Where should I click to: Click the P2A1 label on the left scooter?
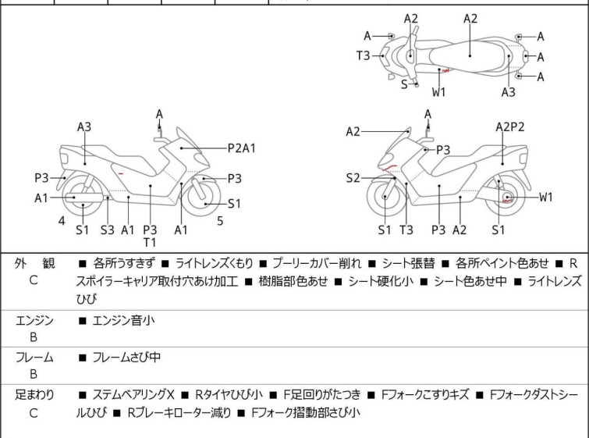pos(243,146)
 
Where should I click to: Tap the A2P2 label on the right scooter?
pos(510,126)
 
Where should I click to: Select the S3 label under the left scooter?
pos(107,230)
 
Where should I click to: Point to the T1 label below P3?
pos(150,242)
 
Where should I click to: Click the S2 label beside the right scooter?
pos(353,178)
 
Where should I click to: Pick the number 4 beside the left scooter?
pos(62,221)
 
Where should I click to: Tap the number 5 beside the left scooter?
pos(220,221)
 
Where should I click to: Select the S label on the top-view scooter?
pos(404,84)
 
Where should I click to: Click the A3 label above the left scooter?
pos(83,126)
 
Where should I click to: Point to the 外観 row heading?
pos(34,264)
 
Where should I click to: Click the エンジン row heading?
pos(34,319)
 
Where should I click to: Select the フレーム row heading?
pos(34,358)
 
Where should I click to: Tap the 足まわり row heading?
pos(34,396)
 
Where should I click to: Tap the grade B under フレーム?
pos(34,374)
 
